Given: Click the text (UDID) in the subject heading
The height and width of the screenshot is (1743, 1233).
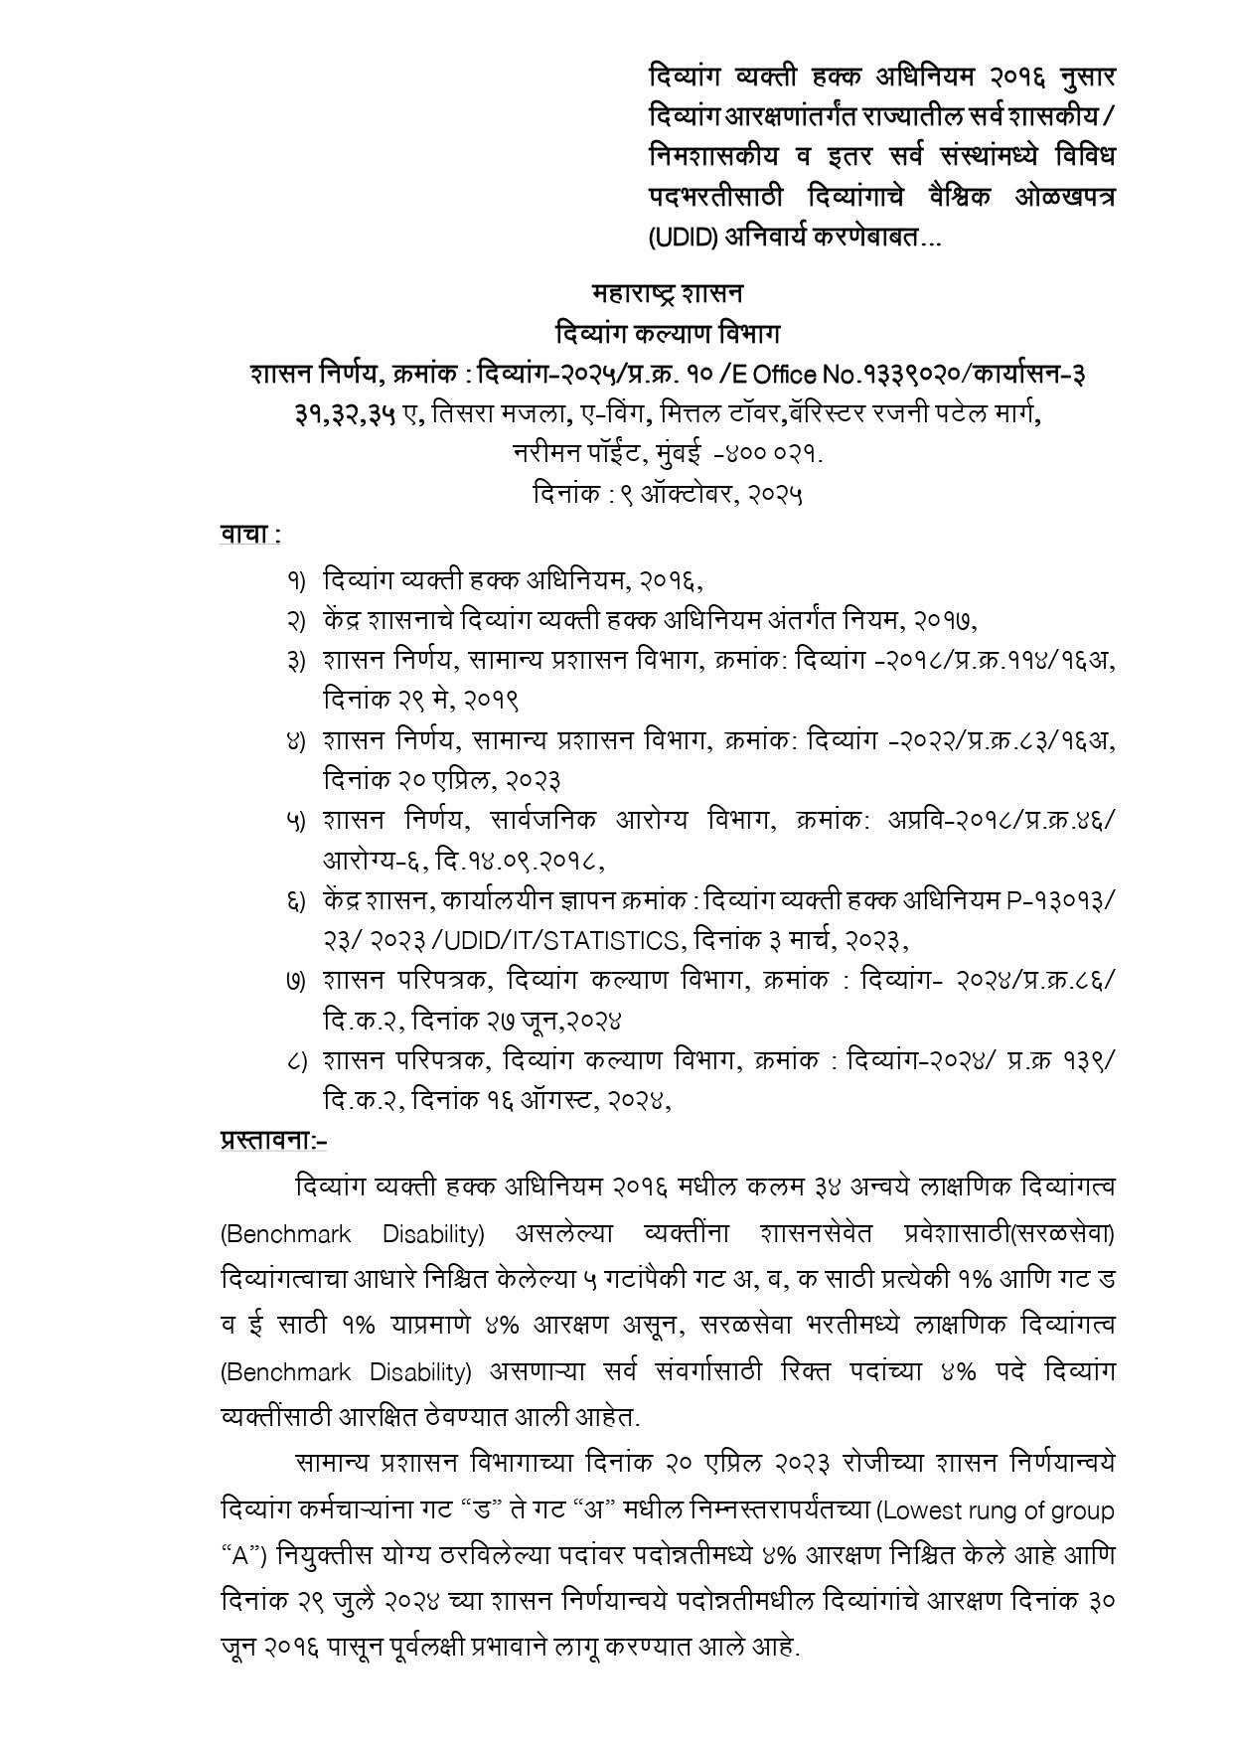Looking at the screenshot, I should click(681, 238).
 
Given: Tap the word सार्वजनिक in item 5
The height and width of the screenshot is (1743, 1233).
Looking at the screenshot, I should click(541, 821).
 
